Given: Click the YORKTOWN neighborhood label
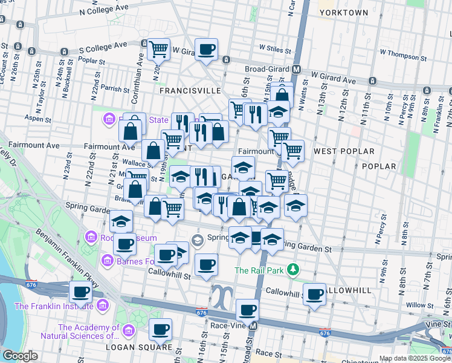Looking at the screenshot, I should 344,12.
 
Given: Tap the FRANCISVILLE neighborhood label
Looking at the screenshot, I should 190,90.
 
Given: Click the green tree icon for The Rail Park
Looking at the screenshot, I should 293,269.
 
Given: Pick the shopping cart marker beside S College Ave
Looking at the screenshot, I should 158,49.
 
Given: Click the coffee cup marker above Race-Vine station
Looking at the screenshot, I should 247,310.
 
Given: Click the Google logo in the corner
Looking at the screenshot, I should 20,356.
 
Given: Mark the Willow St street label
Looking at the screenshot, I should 417,305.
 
